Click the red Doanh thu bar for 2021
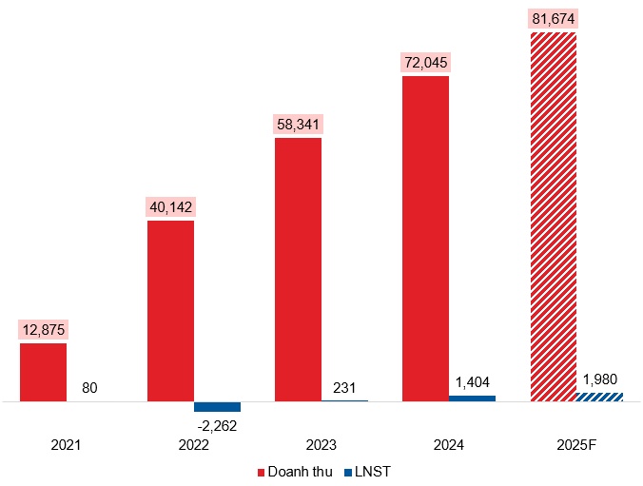(43, 372)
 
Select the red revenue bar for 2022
(170, 311)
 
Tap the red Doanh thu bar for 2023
(298, 269)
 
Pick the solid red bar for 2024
(425, 239)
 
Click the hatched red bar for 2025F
(553, 217)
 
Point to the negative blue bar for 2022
(217, 406)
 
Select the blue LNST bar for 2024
(472, 398)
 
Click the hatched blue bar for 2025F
(599, 396)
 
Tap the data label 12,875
(43, 330)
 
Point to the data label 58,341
(298, 125)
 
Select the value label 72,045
(425, 63)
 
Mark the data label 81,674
(553, 19)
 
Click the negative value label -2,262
(217, 425)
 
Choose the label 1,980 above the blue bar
(599, 378)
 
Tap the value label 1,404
(472, 381)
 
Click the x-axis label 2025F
(575, 444)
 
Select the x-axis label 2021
(66, 444)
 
